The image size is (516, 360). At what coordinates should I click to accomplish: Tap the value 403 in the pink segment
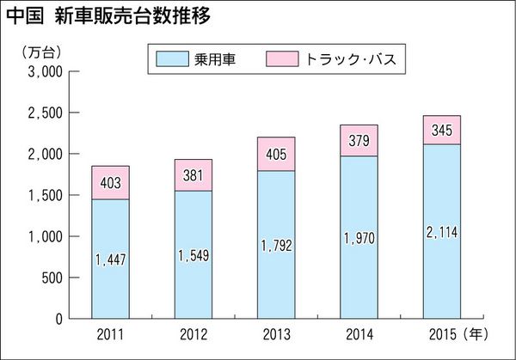(x=110, y=182)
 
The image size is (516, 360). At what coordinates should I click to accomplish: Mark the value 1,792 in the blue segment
(x=276, y=245)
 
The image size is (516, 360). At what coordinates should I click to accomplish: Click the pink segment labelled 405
(x=276, y=154)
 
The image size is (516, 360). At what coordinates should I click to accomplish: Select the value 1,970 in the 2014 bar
(x=359, y=238)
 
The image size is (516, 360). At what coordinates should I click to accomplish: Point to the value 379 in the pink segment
(x=359, y=141)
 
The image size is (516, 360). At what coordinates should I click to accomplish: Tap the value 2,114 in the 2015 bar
(x=441, y=231)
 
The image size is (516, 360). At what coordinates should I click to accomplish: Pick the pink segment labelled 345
(x=441, y=131)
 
